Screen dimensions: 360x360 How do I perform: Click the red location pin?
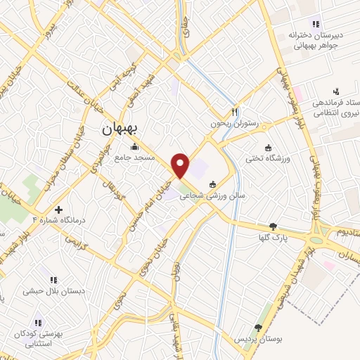tap(180, 165)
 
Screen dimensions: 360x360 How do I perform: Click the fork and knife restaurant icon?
tap(236, 112)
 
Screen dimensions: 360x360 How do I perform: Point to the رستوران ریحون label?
tap(235, 123)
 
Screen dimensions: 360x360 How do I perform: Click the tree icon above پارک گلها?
tap(273, 226)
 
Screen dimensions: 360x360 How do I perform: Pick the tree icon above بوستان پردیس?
tap(258, 327)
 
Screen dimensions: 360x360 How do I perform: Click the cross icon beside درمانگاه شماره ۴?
tap(58, 210)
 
